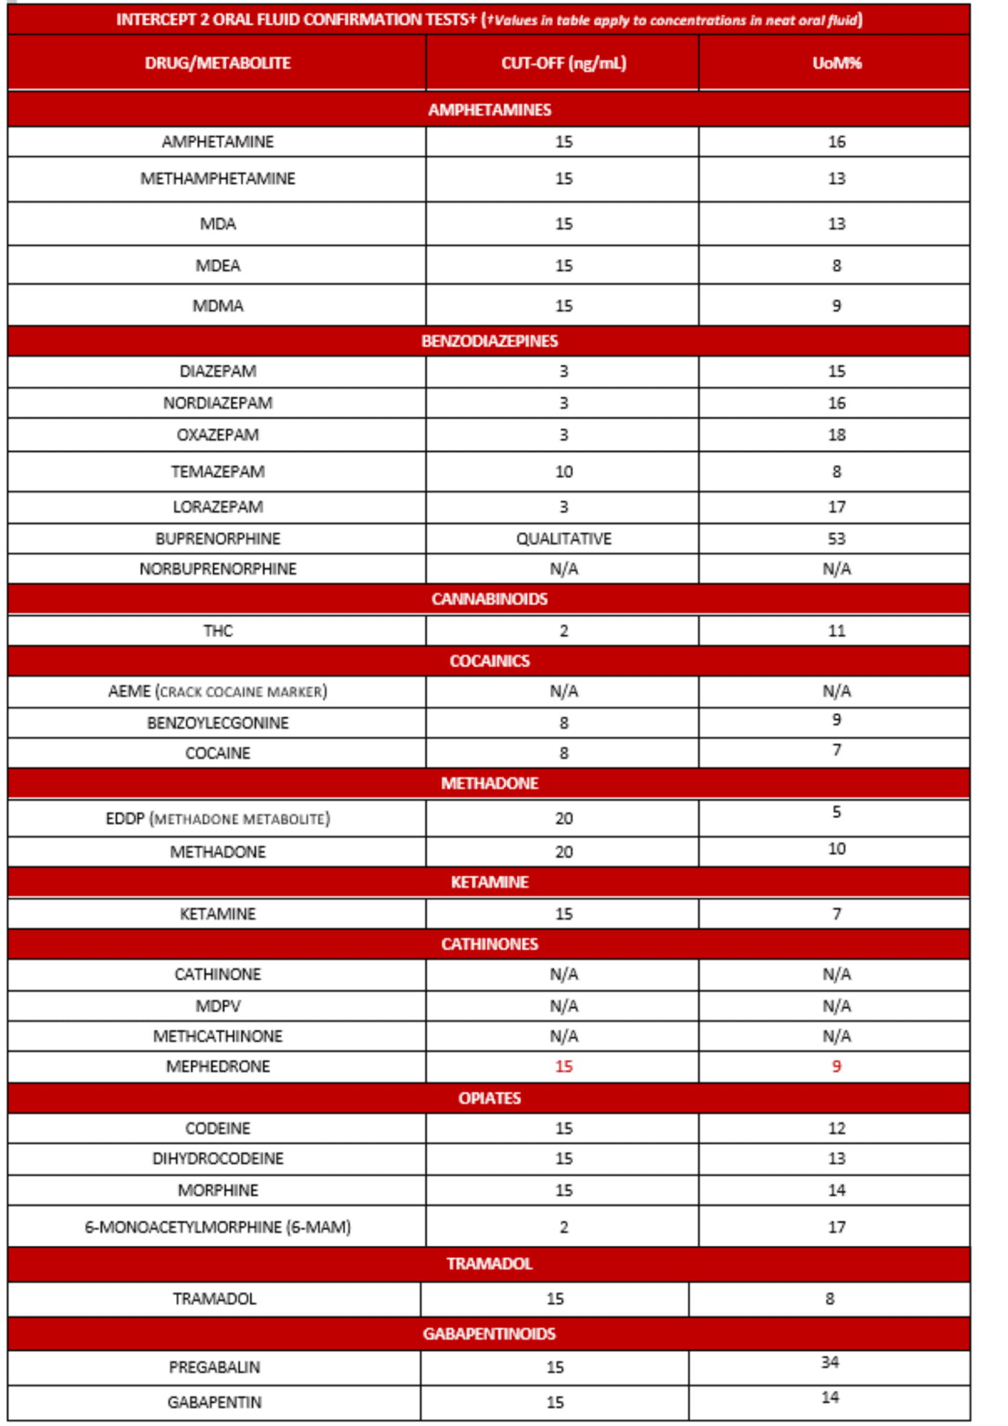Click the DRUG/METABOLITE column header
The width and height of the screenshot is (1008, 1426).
(217, 63)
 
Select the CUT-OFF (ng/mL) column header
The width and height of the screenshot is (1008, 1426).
(563, 63)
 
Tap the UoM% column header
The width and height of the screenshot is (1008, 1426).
(836, 63)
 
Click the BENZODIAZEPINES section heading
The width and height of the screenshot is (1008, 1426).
(489, 341)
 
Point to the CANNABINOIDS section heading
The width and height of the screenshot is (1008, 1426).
(489, 599)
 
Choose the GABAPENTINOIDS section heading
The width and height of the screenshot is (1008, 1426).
(489, 1334)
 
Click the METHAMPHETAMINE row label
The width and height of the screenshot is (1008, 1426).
(217, 178)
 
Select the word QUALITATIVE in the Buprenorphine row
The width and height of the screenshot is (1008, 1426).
(563, 538)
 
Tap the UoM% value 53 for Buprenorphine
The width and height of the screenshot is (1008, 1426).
(836, 538)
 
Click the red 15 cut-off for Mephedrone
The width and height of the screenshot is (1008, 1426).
(563, 1067)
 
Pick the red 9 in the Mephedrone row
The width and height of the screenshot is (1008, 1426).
(836, 1067)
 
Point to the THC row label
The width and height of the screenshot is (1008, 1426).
(217, 631)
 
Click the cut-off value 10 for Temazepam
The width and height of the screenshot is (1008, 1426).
(563, 471)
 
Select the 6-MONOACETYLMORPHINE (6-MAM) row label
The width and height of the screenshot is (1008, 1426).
(217, 1227)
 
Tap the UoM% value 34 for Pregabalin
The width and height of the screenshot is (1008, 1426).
(829, 1363)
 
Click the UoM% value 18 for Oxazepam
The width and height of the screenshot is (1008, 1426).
(836, 435)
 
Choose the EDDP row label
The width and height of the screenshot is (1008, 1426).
(217, 819)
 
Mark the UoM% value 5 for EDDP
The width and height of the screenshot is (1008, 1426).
(836, 812)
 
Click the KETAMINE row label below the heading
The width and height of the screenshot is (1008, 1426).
(217, 914)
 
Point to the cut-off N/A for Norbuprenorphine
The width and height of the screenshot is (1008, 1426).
(563, 569)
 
